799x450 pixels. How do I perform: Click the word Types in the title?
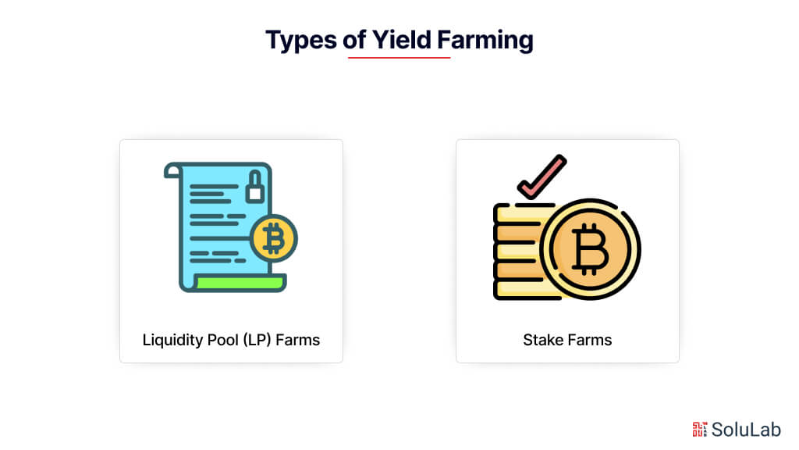(x=301, y=39)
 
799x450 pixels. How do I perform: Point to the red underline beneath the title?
(x=399, y=57)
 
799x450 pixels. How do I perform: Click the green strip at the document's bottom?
(x=239, y=283)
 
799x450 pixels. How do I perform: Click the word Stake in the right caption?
(x=542, y=340)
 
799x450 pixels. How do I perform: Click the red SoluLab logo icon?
(x=699, y=429)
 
